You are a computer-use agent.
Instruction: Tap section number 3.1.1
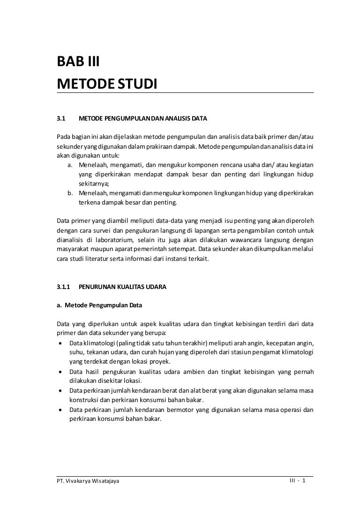(x=63, y=286)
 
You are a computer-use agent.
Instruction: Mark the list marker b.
(x=69, y=193)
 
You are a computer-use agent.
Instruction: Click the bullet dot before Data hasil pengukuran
(x=61, y=372)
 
